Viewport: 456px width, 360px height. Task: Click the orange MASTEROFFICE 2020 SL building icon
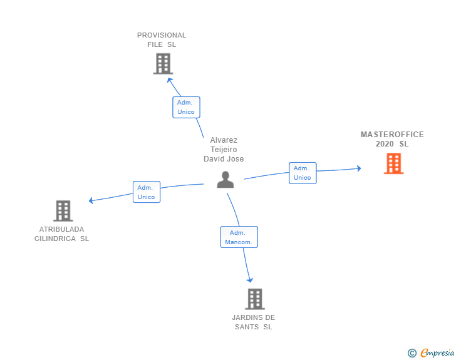(393, 163)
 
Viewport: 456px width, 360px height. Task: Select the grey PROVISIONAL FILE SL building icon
(162, 64)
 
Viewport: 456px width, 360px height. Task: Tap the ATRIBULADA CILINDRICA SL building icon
(63, 211)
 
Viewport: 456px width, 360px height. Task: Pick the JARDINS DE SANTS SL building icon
(254, 299)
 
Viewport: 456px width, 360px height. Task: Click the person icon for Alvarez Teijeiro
(225, 180)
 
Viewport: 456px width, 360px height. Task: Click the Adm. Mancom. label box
(239, 237)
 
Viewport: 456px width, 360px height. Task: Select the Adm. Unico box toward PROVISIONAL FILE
(186, 107)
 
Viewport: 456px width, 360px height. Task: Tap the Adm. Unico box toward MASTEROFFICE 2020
(303, 173)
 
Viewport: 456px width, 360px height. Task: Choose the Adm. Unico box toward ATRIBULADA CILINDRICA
(146, 192)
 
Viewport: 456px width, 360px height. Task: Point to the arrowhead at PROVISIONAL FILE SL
(168, 79)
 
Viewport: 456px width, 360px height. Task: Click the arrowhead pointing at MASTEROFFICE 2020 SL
(358, 168)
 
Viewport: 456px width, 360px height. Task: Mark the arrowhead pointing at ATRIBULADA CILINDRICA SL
(91, 200)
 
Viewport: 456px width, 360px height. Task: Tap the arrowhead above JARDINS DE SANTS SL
(251, 279)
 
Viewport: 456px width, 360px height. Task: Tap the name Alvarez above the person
(224, 140)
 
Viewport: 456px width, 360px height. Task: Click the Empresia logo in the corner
(437, 353)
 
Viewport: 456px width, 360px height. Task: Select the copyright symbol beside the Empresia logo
(412, 353)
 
